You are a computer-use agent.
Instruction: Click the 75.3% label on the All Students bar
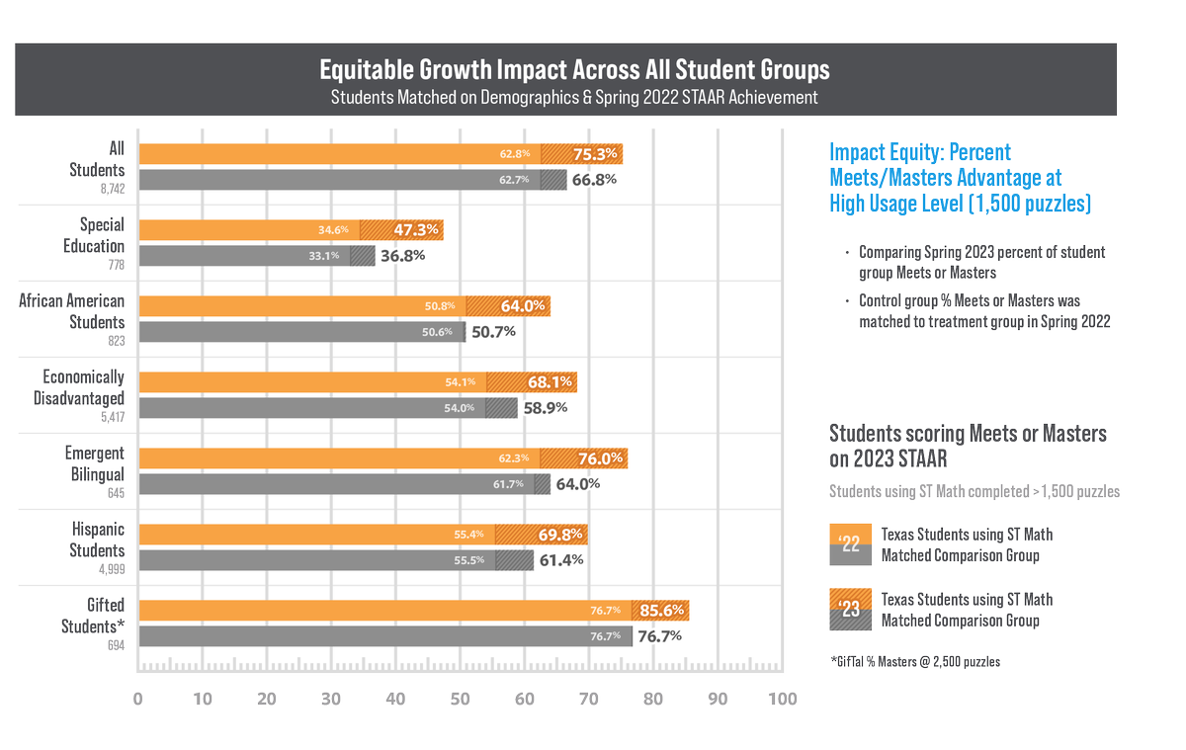coord(596,153)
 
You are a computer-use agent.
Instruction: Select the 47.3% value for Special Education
coord(416,230)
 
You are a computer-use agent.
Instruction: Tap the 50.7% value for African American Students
coord(493,332)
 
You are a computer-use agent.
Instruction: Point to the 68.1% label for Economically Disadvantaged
coord(550,381)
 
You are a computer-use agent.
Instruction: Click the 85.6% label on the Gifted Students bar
coord(662,610)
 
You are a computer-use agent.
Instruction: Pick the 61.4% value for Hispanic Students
coord(561,560)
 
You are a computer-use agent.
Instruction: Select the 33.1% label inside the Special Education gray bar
coord(329,256)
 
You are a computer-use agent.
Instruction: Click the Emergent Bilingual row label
coord(95,462)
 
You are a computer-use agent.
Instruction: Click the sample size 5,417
coord(110,417)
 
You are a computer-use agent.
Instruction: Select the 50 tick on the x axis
coord(460,700)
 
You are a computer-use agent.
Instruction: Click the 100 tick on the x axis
coord(781,700)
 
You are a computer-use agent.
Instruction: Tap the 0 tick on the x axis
coord(138,700)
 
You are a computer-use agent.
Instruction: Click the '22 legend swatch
coord(849,544)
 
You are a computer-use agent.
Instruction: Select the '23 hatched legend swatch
coord(849,610)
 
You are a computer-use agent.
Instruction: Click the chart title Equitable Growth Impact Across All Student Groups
coord(574,71)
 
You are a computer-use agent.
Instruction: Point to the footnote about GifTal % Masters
coord(914,661)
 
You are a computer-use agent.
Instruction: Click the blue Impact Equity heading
coord(945,178)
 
